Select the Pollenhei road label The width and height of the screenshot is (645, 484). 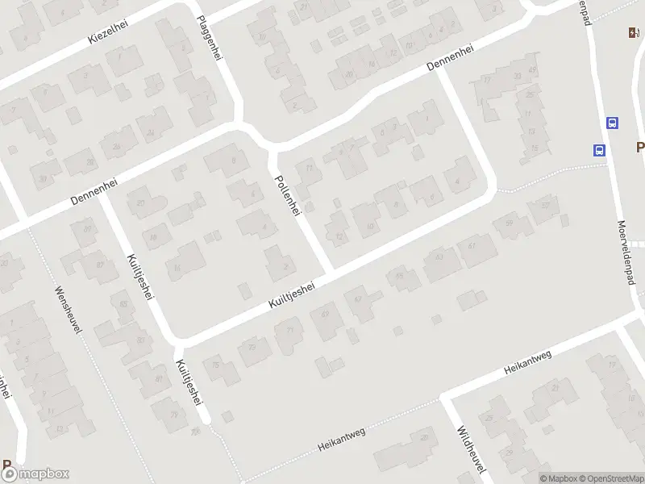[288, 195]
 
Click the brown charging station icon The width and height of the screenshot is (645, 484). [634, 33]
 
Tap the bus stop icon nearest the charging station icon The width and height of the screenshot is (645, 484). [613, 123]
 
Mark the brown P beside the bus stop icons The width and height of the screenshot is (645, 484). [639, 148]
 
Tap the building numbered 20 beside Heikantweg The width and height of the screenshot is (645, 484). [424, 437]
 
